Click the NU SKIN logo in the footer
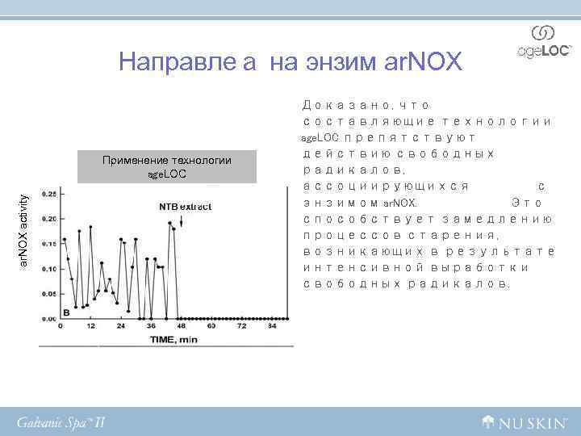point(524,421)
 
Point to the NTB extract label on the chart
point(185,207)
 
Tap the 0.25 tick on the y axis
point(48,194)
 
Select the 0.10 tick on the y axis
point(48,269)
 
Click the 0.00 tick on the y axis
point(48,319)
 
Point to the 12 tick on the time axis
point(91,326)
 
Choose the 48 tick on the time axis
point(182,326)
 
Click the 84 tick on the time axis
point(272,326)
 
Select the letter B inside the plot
point(66,311)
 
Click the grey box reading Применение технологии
point(167,166)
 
